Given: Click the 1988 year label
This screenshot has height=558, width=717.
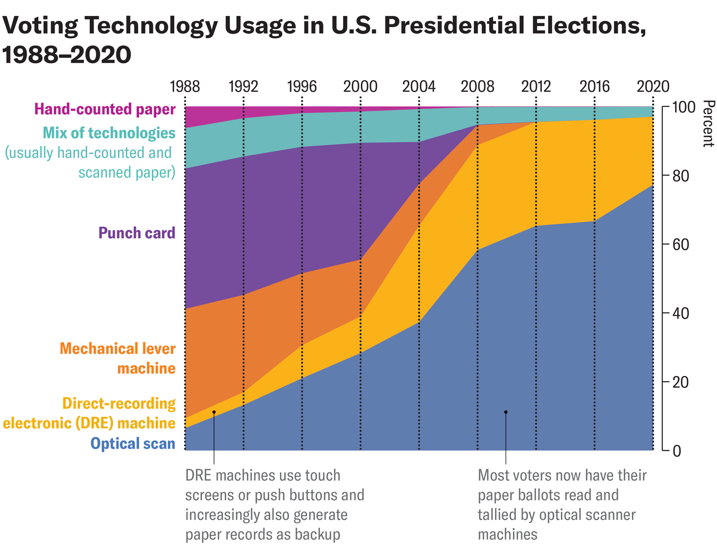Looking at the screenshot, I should (x=184, y=87).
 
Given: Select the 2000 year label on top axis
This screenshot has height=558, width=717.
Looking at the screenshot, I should (x=360, y=87).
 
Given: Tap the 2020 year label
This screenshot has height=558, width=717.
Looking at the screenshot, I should (x=652, y=87).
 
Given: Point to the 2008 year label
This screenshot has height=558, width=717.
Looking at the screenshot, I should (x=477, y=87).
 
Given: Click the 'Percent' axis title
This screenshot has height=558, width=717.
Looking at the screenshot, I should (x=707, y=124).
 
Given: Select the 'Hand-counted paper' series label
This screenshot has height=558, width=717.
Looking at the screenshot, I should (x=105, y=109).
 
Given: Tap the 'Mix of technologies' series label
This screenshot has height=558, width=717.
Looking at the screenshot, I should (x=109, y=133).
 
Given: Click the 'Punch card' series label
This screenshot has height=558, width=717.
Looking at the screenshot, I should (x=136, y=233).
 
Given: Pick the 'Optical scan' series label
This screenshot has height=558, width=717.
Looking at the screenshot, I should (x=133, y=443).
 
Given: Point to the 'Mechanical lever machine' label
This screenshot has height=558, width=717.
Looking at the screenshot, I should (x=117, y=358).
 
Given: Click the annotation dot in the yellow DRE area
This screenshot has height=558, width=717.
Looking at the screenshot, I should (x=214, y=412).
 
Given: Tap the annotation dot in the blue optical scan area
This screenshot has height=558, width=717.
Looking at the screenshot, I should (x=506, y=412).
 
